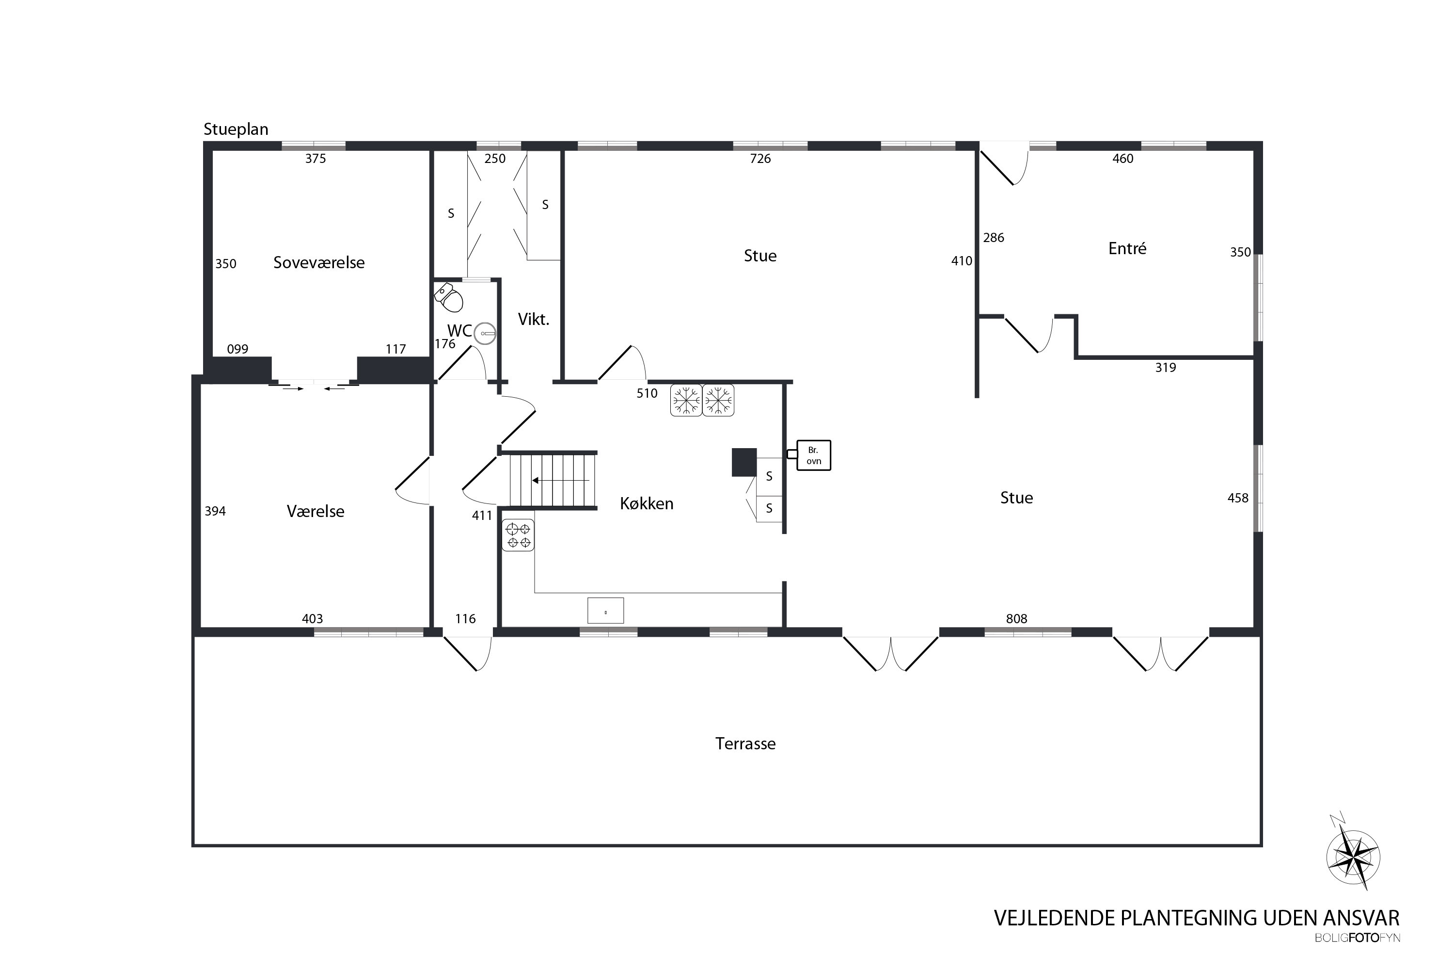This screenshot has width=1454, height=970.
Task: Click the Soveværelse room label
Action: pyautogui.click(x=319, y=262)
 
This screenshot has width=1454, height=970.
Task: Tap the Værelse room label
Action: pyautogui.click(x=316, y=511)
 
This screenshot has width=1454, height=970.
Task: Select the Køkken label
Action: pyautogui.click(x=647, y=503)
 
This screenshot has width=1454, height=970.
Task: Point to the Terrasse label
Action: pyautogui.click(x=745, y=744)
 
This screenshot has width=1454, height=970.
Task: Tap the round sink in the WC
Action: pyautogui.click(x=487, y=333)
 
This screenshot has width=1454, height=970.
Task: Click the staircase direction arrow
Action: pyautogui.click(x=561, y=480)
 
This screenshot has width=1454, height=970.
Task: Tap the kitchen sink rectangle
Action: pyautogui.click(x=605, y=611)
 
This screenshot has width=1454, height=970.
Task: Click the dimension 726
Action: pyautogui.click(x=760, y=159)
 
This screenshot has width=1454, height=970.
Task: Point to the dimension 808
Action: pyautogui.click(x=1016, y=619)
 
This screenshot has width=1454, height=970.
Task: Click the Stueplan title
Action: pyautogui.click(x=236, y=129)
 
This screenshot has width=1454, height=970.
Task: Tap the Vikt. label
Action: pyautogui.click(x=534, y=320)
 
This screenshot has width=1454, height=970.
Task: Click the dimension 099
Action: pyautogui.click(x=237, y=349)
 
